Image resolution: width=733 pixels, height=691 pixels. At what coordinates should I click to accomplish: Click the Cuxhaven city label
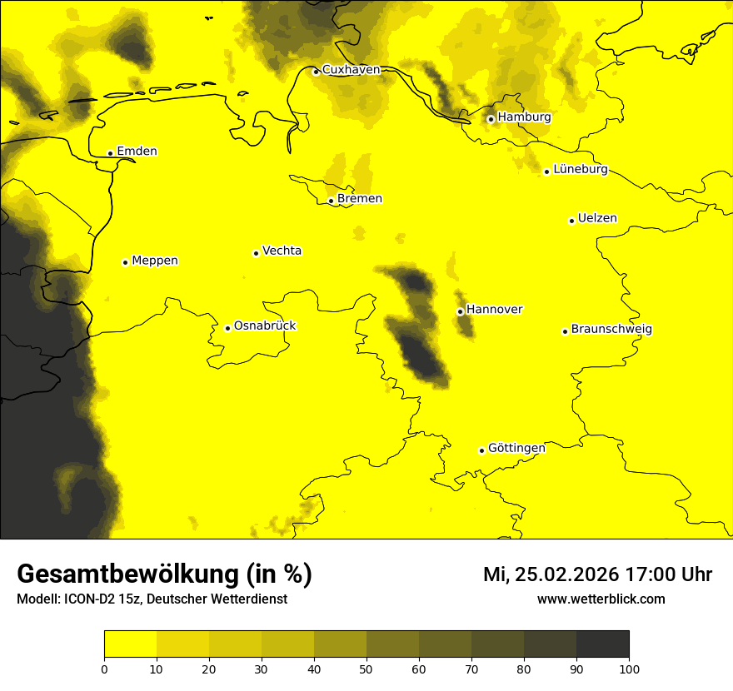(351, 70)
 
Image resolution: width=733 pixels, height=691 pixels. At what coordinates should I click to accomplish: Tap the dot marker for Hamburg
(491, 119)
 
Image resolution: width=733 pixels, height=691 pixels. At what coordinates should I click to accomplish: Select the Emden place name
(137, 152)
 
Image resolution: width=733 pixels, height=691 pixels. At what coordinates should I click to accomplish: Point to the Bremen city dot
(331, 201)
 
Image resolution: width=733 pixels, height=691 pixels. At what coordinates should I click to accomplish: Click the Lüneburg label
(580, 170)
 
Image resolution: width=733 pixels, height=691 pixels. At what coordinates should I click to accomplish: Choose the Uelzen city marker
(571, 221)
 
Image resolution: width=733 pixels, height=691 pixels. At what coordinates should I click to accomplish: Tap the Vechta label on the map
(282, 251)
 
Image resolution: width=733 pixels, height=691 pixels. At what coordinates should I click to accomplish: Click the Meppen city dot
(125, 262)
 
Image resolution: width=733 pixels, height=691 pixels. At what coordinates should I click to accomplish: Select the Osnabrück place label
(265, 326)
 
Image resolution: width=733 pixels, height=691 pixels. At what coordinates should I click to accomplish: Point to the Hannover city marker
(460, 311)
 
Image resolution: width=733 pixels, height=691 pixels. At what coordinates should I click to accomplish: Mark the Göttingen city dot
(481, 450)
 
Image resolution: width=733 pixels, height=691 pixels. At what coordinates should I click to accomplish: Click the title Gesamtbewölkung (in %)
(164, 574)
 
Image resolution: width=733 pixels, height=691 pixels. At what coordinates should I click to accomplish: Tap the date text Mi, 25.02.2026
(549, 574)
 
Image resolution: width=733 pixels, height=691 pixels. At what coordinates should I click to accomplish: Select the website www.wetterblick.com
(601, 599)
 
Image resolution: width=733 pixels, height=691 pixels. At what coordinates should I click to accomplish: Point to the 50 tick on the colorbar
(366, 668)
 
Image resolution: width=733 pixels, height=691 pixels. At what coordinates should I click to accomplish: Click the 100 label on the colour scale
(629, 668)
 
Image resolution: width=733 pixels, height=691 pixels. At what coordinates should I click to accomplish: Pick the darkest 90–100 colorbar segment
(602, 644)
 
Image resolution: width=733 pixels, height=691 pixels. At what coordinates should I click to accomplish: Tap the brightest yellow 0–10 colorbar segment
(130, 644)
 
